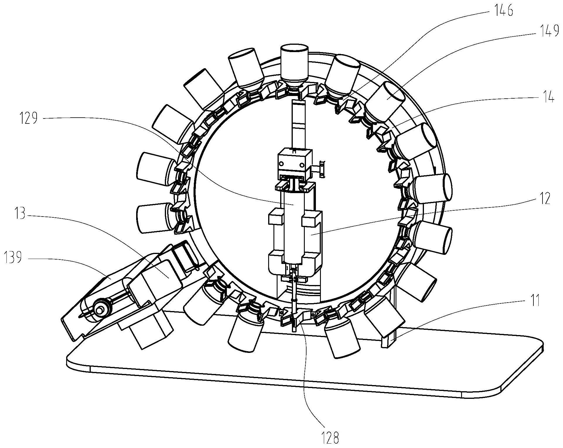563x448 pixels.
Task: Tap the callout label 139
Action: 13,258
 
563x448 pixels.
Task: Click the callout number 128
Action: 330,438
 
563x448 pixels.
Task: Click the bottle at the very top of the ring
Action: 294,63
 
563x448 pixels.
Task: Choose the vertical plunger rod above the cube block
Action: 298,123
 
